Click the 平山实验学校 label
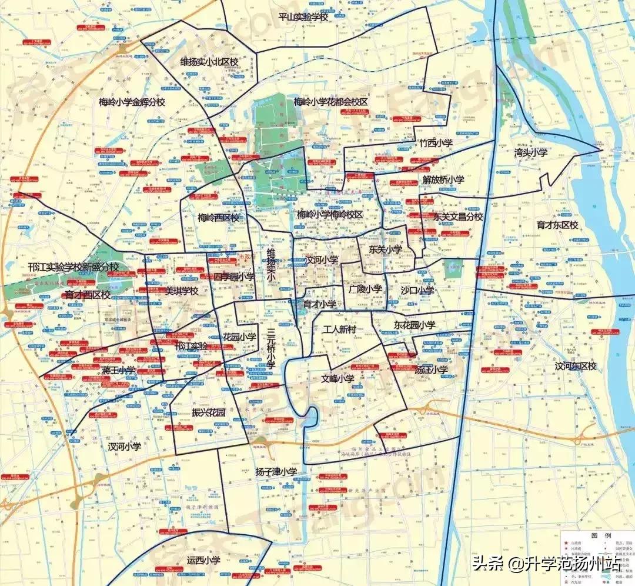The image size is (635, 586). pos(303,17)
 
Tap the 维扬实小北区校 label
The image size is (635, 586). pos(209,61)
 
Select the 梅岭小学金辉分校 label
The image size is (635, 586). pos(132,102)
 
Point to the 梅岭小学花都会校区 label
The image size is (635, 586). pos(330,102)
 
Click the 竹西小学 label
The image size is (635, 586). pos(435,143)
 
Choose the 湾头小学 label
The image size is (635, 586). pos(530,152)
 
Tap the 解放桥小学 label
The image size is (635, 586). pos(443,179)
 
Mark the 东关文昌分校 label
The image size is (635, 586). pos(458,217)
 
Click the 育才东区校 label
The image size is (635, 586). pos(557,225)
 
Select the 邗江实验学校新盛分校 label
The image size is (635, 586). pos(73,267)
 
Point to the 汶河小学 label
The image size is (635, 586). pos(321,259)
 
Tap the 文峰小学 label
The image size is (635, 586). pos(337,379)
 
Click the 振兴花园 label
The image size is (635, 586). pos(209,412)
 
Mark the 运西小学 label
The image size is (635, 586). pos(203,561)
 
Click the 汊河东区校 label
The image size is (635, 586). pos(575,366)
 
